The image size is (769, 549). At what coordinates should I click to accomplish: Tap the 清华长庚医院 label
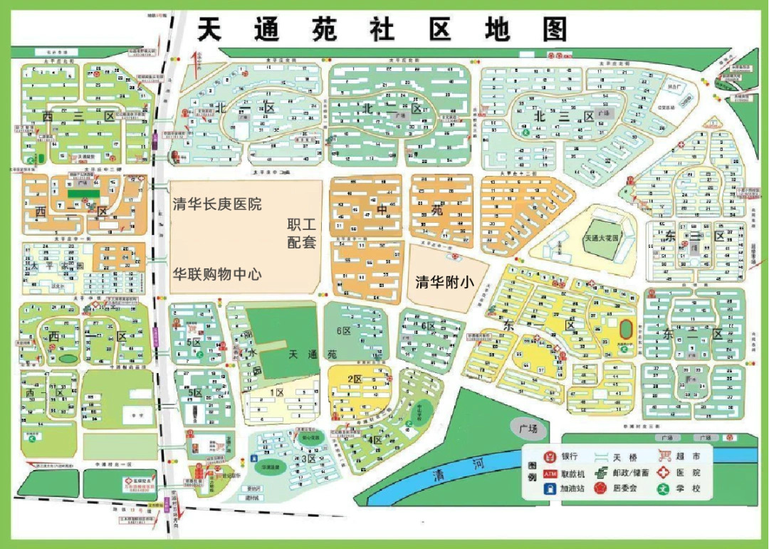pyautogui.click(x=217, y=205)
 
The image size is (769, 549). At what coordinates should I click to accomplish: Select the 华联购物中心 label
pyautogui.click(x=217, y=273)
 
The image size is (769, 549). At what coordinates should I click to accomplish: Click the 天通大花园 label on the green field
pyautogui.click(x=604, y=238)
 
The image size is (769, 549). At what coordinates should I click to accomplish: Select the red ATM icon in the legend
pyautogui.click(x=549, y=473)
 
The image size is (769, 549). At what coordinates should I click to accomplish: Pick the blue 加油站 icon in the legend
pyautogui.click(x=549, y=489)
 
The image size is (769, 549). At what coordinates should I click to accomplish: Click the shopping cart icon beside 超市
pyautogui.click(x=665, y=456)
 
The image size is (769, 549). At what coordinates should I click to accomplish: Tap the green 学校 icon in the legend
pyautogui.click(x=665, y=489)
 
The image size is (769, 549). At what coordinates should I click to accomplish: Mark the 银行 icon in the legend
pyautogui.click(x=549, y=456)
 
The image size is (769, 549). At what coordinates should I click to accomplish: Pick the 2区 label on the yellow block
pyautogui.click(x=356, y=378)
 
